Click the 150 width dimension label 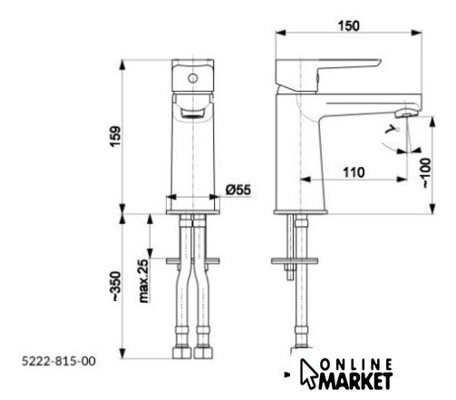(x=349, y=26)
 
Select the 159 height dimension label (x=115, y=136)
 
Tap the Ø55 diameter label (x=238, y=190)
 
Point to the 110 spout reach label (x=354, y=172)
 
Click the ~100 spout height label (x=426, y=172)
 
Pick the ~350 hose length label (x=116, y=287)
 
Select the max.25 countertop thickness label (x=144, y=281)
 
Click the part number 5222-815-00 (x=59, y=361)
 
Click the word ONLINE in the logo (x=357, y=366)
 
